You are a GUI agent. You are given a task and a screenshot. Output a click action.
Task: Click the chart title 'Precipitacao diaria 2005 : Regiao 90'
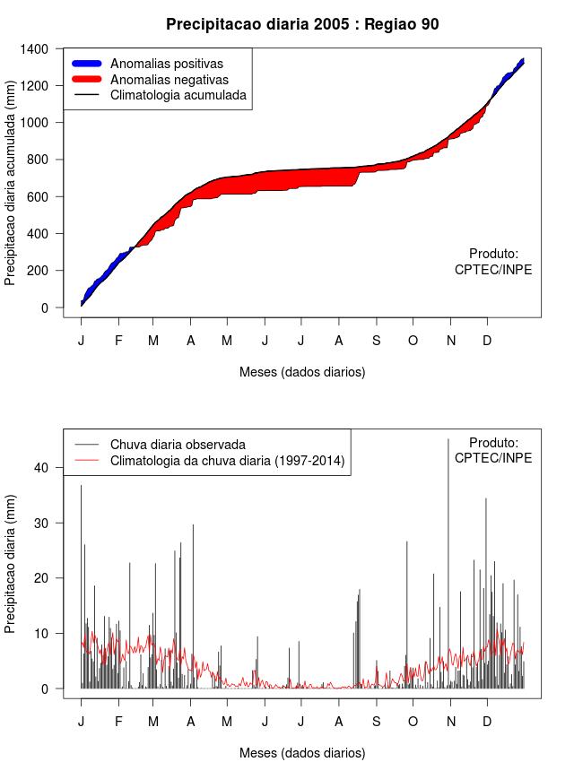tap(302, 24)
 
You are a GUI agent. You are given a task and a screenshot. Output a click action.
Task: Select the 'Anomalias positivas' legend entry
tap(166, 64)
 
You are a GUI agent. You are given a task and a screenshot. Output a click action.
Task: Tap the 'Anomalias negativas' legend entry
tap(169, 79)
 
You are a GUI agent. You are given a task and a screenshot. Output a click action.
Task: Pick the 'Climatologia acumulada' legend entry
tap(178, 94)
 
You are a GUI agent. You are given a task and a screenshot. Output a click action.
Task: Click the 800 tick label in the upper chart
tap(39, 160)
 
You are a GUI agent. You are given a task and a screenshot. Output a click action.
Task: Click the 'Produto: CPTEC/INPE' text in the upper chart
tap(493, 262)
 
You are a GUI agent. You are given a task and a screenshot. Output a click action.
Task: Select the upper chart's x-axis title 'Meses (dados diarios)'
tap(302, 371)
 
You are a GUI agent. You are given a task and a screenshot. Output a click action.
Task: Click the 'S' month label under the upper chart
tap(376, 340)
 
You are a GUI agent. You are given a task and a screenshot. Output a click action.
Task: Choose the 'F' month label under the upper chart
tap(118, 340)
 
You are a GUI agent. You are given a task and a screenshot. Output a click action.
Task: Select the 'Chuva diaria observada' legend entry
tap(178, 444)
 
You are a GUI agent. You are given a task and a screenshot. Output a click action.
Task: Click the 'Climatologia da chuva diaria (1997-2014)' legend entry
tap(227, 461)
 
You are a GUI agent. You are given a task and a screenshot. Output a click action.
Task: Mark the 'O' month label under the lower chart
tap(413, 721)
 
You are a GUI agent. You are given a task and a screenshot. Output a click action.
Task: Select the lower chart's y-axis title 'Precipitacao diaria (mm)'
tap(11, 564)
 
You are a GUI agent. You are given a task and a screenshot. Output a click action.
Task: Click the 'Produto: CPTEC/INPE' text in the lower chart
tap(493, 450)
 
